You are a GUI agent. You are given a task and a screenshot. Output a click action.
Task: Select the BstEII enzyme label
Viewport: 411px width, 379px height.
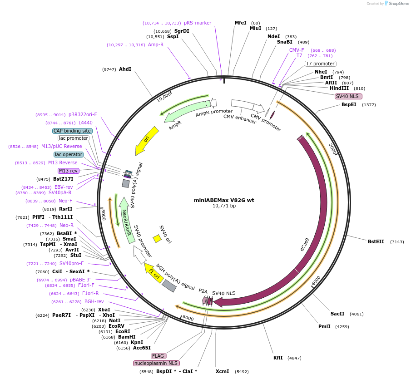[x=376, y=241]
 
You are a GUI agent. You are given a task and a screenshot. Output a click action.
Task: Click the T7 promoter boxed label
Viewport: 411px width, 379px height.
[x=320, y=64]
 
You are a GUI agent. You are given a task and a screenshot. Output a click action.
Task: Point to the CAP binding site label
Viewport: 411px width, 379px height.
[x=72, y=131]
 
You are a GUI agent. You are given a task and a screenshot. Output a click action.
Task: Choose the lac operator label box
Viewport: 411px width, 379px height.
[x=69, y=154]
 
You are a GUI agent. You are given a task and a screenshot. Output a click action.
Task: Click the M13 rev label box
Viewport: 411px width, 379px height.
[x=68, y=171]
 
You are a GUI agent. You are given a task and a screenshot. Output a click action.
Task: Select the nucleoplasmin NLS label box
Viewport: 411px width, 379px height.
[x=156, y=363]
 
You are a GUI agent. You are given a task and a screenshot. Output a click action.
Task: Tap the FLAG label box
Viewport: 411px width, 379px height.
[x=158, y=356]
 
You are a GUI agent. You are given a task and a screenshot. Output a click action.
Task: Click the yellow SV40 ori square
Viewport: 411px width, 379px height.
[x=157, y=238]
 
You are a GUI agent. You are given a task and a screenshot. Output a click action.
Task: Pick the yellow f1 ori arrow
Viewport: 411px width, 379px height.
[x=154, y=275]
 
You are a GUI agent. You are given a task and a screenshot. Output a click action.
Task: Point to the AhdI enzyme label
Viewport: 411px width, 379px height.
[x=125, y=69]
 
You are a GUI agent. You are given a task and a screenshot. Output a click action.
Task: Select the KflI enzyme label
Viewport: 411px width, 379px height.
[x=278, y=358]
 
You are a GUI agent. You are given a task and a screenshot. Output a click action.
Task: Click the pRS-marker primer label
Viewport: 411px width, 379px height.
[x=198, y=23]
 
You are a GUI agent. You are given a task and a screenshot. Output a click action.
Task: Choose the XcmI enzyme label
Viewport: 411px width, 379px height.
[x=222, y=371]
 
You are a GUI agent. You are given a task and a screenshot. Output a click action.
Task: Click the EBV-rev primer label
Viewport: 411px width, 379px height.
[x=64, y=187]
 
